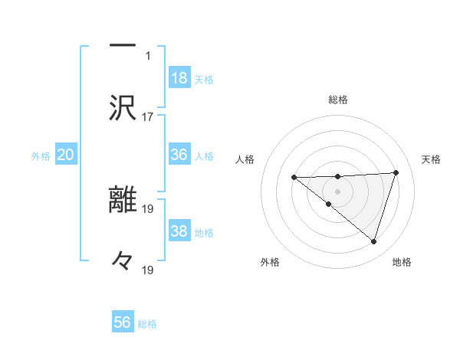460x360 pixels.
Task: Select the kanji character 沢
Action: [x=123, y=108]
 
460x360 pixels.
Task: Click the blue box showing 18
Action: [x=179, y=77]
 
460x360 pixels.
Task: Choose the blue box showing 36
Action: [x=179, y=154]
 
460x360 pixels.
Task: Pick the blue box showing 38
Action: [x=179, y=231]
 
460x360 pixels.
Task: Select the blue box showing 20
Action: [x=66, y=155]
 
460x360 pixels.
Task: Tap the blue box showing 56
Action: [x=123, y=322]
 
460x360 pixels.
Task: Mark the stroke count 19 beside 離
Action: [x=148, y=208]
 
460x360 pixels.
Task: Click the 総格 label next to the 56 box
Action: [x=147, y=324]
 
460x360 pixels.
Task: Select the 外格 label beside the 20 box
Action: [x=41, y=155]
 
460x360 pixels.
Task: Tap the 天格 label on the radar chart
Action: [x=432, y=159]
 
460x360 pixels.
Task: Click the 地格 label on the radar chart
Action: [x=402, y=262]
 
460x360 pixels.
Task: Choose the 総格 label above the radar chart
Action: [x=338, y=100]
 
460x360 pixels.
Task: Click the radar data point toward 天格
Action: [x=396, y=172]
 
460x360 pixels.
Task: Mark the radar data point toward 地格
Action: [x=373, y=241]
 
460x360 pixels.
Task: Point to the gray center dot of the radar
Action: [x=337, y=191]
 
